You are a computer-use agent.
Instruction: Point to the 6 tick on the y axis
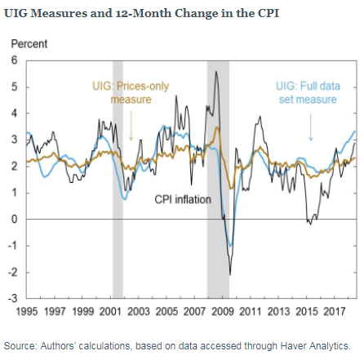tap(14, 60)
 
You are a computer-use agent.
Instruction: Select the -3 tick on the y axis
tap(11, 299)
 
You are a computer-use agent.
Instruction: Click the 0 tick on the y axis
tap(14, 220)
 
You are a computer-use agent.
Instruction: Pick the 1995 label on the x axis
tap(28, 312)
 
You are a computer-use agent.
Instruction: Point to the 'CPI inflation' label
tap(183, 198)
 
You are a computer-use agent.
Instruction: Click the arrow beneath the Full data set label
tap(311, 127)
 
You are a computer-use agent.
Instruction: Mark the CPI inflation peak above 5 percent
tap(215, 72)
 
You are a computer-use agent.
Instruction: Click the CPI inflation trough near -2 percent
tap(230, 274)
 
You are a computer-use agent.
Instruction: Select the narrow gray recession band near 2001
tap(118, 180)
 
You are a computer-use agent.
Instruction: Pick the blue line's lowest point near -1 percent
tap(231, 245)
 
